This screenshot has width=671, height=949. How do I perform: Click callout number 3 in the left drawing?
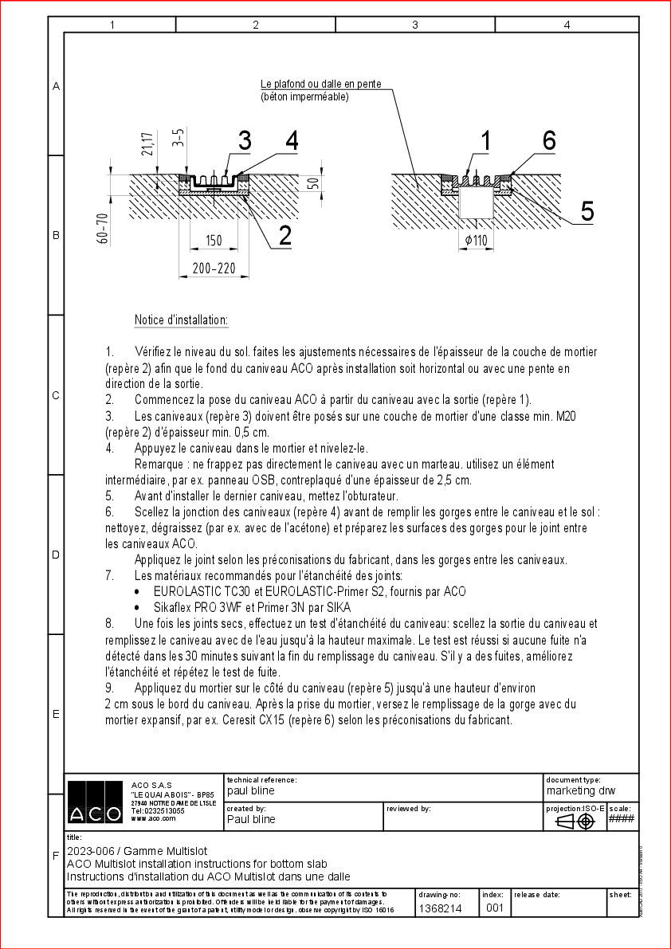244,141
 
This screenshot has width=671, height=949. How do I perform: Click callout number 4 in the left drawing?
292,141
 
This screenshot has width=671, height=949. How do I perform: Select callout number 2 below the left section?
284,235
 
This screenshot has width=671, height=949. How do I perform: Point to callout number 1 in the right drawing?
486,141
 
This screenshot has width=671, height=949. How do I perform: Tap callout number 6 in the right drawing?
549,140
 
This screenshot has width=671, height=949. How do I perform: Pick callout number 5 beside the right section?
587,211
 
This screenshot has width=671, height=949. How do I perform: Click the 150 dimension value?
214,241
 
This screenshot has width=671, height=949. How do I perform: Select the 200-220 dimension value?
214,269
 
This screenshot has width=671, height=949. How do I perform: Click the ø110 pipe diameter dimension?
476,241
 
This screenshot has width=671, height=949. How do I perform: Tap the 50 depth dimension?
313,183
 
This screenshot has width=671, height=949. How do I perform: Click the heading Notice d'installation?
182,320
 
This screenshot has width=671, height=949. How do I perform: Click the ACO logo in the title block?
94,802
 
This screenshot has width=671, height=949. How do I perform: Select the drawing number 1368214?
440,908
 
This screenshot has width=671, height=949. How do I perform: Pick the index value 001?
494,908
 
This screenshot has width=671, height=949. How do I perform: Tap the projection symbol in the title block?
575,822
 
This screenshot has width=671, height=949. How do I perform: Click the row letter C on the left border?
56,395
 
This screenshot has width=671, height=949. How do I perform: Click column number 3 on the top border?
415,25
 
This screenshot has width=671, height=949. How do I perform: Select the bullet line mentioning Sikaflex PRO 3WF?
252,607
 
